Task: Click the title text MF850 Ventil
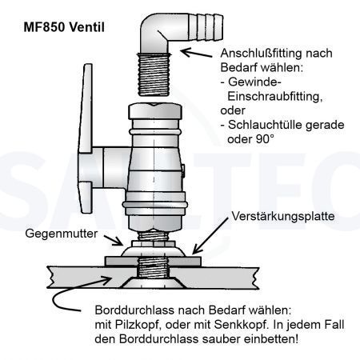[x=64, y=27]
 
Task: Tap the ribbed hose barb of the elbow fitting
[x=206, y=27]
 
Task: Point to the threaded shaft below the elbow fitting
[x=154, y=74]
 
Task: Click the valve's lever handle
[x=86, y=138]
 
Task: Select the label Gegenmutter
[x=62, y=234]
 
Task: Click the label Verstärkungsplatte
[x=283, y=216]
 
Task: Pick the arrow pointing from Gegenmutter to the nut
[x=113, y=240]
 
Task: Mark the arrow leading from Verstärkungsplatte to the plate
[x=210, y=235]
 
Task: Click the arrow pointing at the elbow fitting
[x=196, y=53]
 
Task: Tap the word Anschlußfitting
[x=262, y=54]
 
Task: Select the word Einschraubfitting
[x=275, y=97]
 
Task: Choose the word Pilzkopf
[x=138, y=325]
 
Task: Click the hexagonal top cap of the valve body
[x=155, y=111]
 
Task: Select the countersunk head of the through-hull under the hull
[x=153, y=282]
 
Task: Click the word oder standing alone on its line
[x=233, y=110]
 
